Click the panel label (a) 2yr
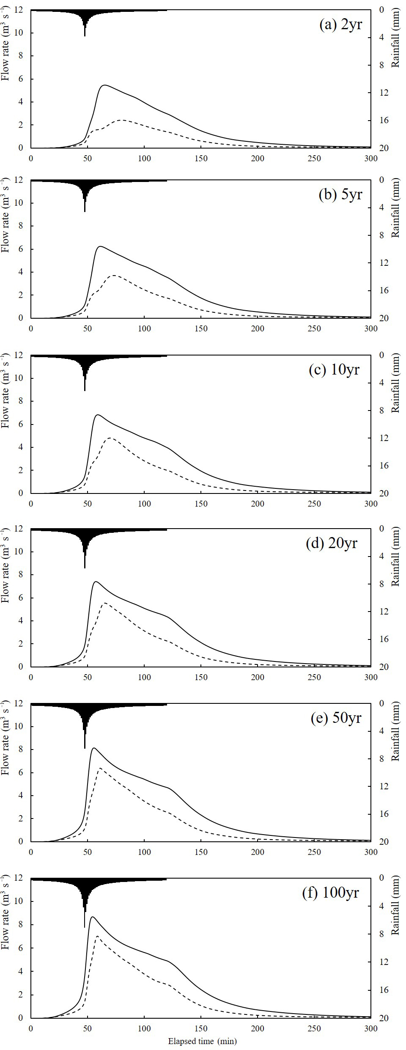coord(340,25)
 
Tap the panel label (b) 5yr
coord(340,195)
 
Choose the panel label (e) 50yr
coord(336,718)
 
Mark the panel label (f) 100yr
coord(331,893)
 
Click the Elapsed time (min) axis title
coord(202,1041)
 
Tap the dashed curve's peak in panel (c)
coord(110,438)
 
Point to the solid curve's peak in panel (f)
coord(92,917)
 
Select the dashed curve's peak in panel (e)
coord(100,768)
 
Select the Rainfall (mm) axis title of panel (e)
coord(396,731)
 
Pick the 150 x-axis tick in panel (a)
coord(201,158)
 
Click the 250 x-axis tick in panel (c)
coord(314,504)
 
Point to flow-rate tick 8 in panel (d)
coord(20,575)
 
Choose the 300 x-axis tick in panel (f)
coord(371,1028)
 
